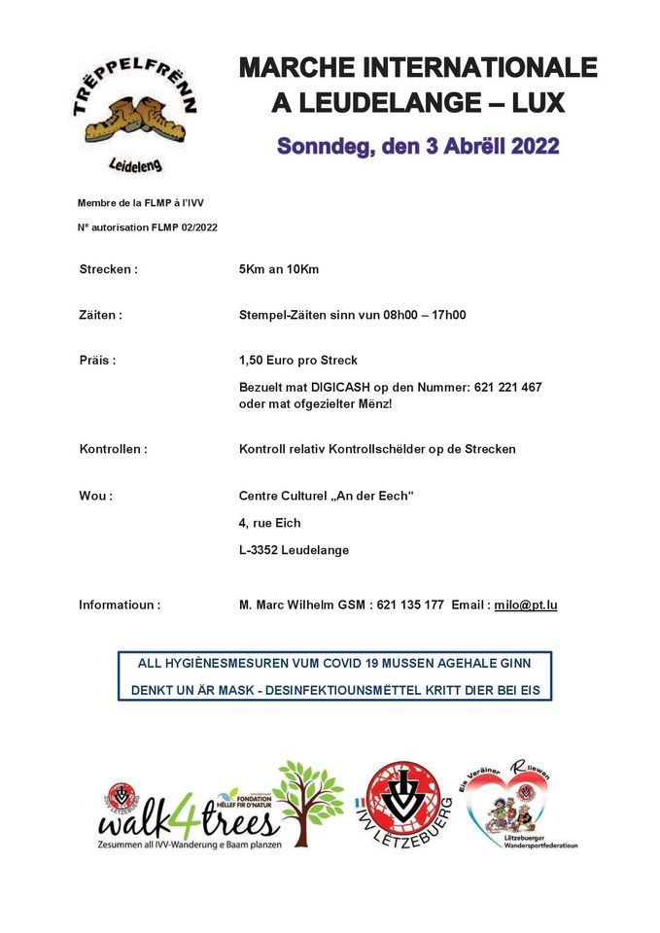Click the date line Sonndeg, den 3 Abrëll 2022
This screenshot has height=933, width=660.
418,147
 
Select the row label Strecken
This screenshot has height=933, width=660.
108,269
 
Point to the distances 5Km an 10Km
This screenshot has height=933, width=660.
279,269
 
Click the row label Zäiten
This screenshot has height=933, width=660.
100,315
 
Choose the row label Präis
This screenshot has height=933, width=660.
97,361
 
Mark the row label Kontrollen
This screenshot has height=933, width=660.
113,449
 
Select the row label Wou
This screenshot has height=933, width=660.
95,496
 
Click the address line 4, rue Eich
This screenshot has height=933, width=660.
270,523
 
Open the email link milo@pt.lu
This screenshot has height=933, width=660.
525,605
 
